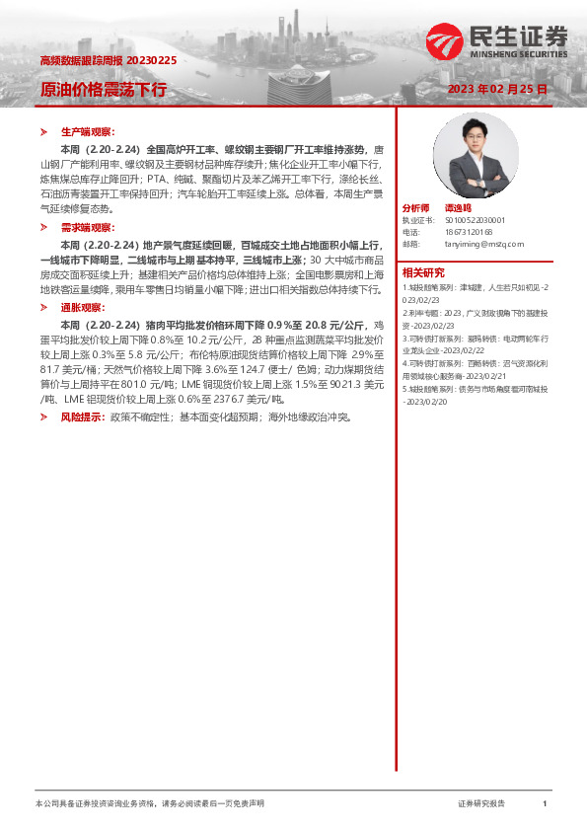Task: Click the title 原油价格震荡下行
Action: point(104,90)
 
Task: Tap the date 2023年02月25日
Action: point(496,90)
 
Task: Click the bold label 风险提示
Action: point(82,417)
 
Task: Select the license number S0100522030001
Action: point(476,221)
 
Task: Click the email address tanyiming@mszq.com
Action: point(483,243)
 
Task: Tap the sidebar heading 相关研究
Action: point(422,272)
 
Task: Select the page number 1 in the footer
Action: point(545,804)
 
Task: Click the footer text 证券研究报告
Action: point(481,804)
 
